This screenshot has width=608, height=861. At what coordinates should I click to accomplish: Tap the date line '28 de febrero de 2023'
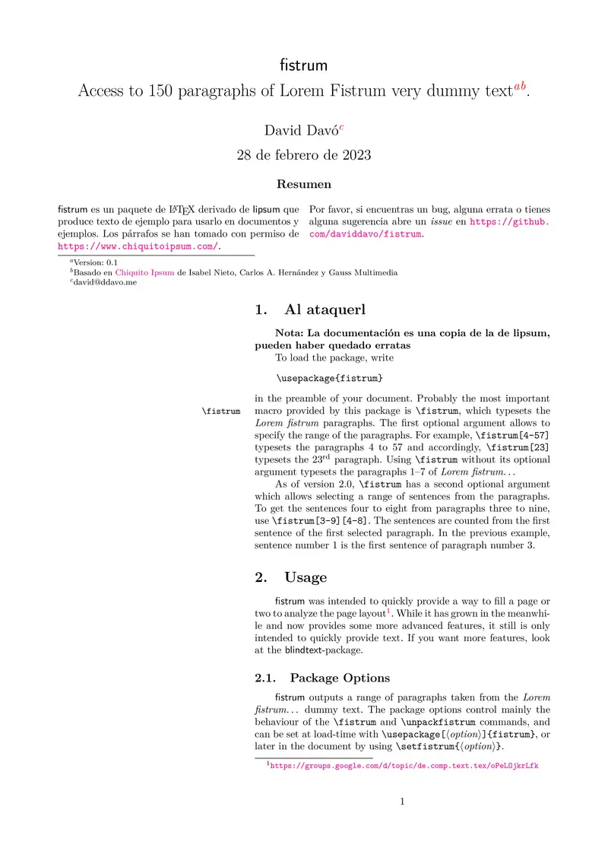[303, 156]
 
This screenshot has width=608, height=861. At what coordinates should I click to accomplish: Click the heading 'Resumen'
[303, 184]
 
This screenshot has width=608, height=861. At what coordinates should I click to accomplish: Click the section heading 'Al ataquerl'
[325, 310]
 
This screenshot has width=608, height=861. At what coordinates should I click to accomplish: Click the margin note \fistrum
[222, 411]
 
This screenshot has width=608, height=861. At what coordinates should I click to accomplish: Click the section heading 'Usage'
[306, 578]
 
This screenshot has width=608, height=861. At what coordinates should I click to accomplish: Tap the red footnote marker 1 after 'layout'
[388, 611]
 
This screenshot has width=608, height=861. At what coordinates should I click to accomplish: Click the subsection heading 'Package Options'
[340, 678]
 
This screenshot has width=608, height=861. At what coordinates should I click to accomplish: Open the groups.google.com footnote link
[404, 767]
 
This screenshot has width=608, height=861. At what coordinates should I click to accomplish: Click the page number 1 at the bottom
[402, 802]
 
